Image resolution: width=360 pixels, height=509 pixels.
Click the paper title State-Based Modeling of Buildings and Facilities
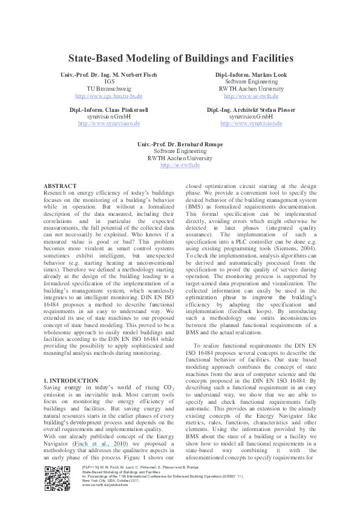(180, 59)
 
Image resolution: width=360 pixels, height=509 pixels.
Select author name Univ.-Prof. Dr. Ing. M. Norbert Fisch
(108, 74)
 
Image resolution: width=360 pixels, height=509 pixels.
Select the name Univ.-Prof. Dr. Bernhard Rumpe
(180, 144)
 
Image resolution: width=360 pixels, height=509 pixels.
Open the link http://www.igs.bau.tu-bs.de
(108, 96)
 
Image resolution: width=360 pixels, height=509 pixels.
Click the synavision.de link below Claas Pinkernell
(108, 123)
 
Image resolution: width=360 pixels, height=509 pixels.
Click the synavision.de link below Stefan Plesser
(251, 123)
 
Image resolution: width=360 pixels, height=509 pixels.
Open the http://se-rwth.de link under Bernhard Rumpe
(180, 165)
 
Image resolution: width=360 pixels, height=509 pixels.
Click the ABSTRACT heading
(61, 186)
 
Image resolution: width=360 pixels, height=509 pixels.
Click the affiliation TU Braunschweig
(108, 88)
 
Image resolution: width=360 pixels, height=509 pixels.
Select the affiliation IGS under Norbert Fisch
(109, 82)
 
